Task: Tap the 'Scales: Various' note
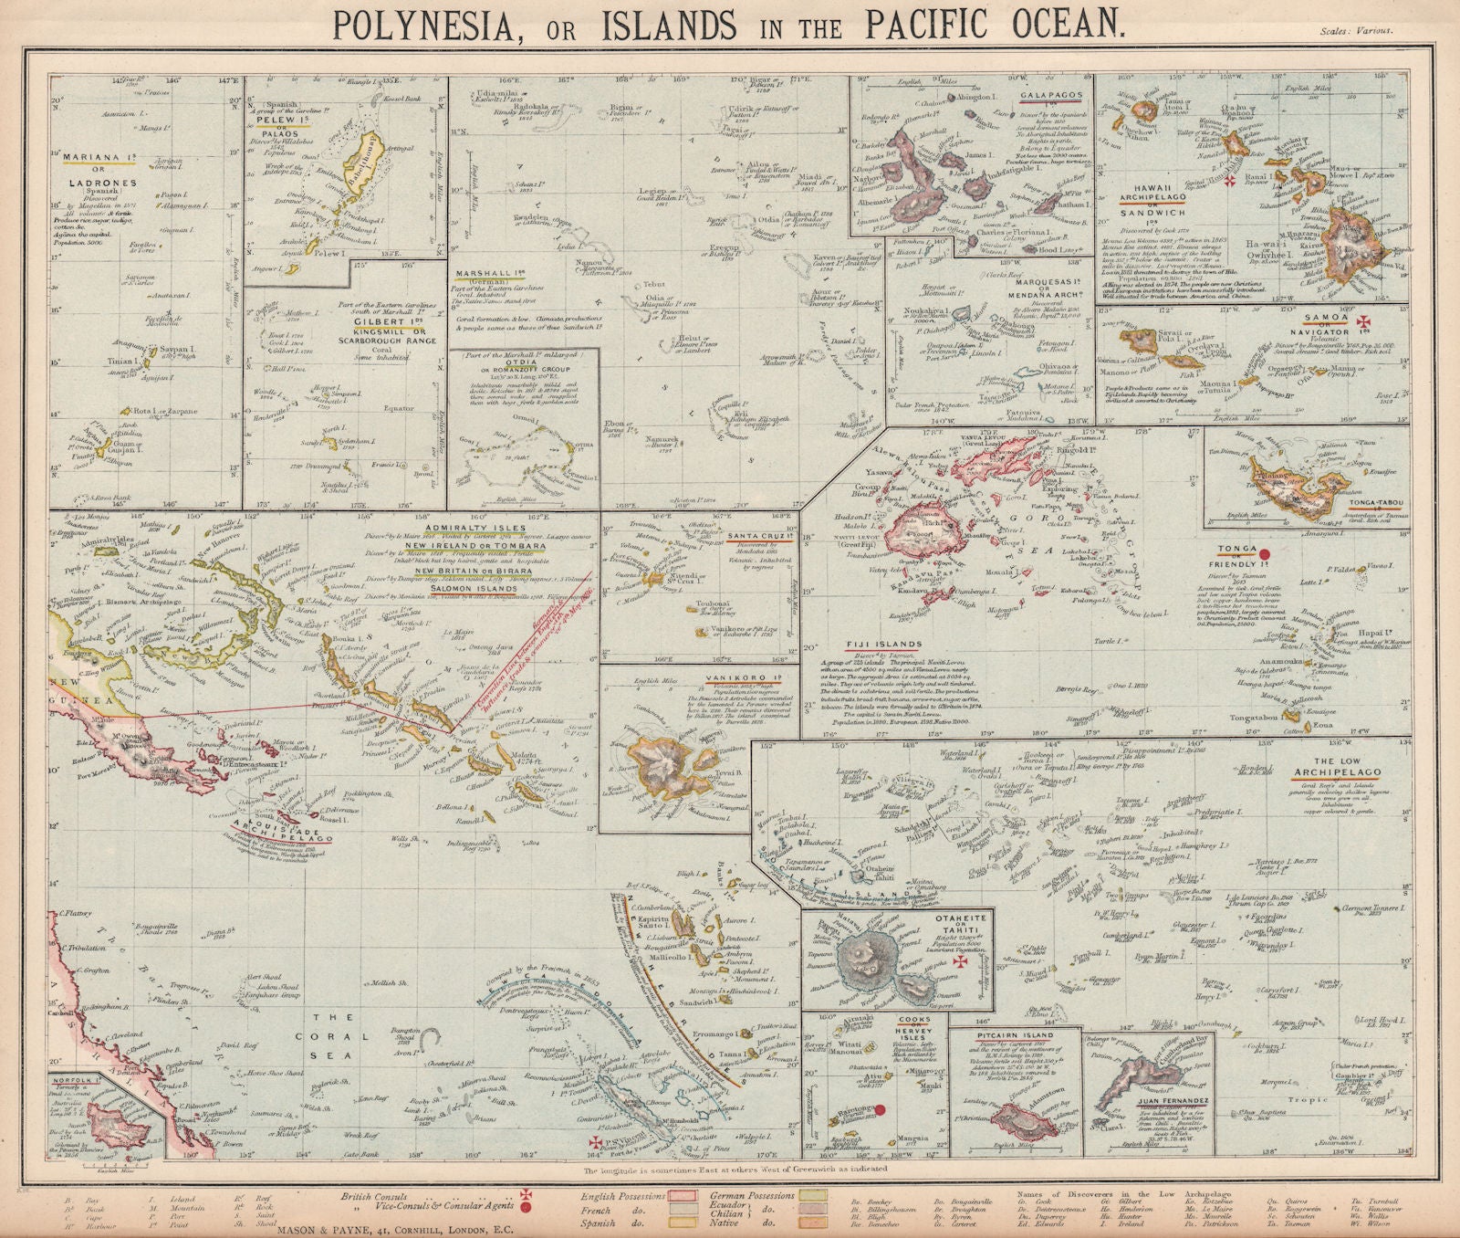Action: [1355, 30]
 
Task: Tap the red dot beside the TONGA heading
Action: [1265, 553]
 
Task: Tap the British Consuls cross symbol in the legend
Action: [526, 1194]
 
